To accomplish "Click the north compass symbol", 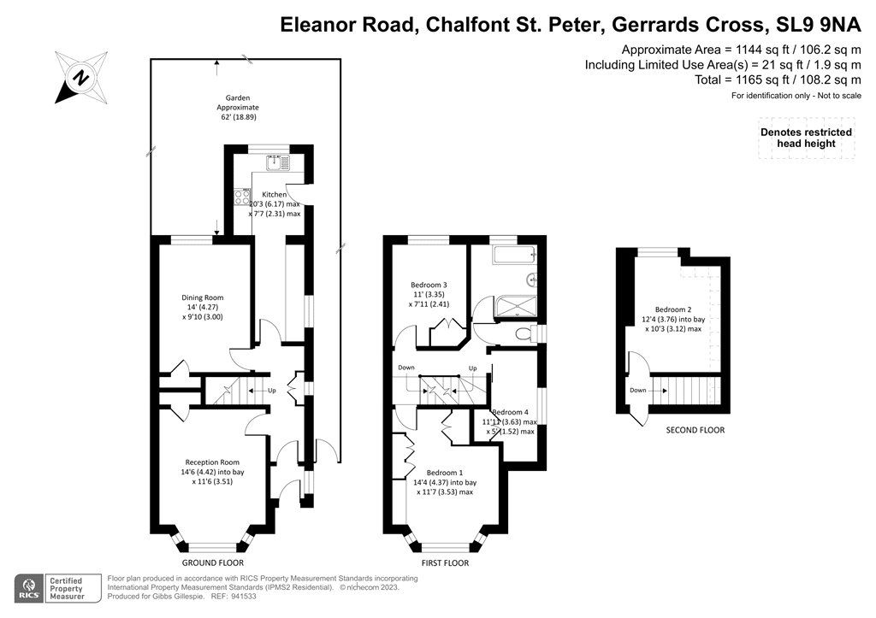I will [81, 78].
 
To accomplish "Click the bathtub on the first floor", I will [512, 254].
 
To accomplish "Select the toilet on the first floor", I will [524, 333].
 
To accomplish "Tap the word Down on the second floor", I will [638, 391].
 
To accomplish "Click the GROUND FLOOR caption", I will [213, 563].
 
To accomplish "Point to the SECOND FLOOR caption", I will [695, 430].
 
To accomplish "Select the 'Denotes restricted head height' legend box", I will [805, 138].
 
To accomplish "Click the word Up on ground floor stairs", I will [272, 391].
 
